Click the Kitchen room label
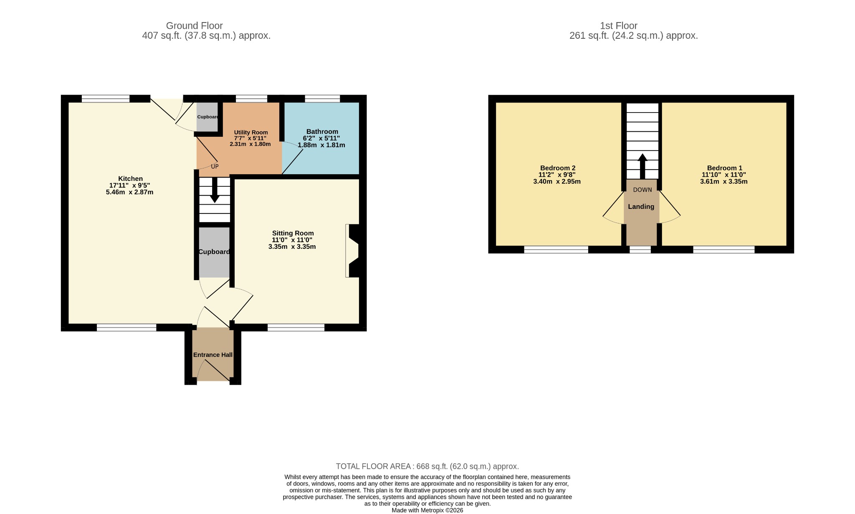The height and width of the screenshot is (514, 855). pyautogui.click(x=130, y=179)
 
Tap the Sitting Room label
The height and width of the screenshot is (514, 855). pyautogui.click(x=293, y=233)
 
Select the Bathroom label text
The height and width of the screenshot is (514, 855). pyautogui.click(x=322, y=132)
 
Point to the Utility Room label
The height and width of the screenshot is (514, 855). pyautogui.click(x=251, y=133)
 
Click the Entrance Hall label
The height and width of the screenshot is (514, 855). pyautogui.click(x=213, y=355)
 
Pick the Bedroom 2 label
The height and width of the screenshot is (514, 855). pyautogui.click(x=558, y=168)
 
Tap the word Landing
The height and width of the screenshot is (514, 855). pyautogui.click(x=641, y=207)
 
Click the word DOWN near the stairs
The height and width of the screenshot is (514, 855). pyautogui.click(x=643, y=190)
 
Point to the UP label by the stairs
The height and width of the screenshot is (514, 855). pyautogui.click(x=215, y=166)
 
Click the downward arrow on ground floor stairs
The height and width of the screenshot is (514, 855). pyautogui.click(x=215, y=191)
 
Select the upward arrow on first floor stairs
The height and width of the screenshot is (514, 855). pyautogui.click(x=643, y=166)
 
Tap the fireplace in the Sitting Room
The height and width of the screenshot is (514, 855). pyautogui.click(x=353, y=251)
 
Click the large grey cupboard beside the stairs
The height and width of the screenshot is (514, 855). pyautogui.click(x=214, y=252)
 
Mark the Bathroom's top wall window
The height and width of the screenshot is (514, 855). pyautogui.click(x=322, y=99)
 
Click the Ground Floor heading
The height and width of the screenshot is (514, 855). pyautogui.click(x=195, y=26)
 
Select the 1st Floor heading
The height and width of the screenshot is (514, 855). pyautogui.click(x=619, y=26)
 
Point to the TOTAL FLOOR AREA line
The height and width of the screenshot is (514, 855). pyautogui.click(x=427, y=466)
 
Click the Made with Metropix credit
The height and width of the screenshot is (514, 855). pyautogui.click(x=427, y=510)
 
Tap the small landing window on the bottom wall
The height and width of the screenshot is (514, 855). pyautogui.click(x=640, y=250)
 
